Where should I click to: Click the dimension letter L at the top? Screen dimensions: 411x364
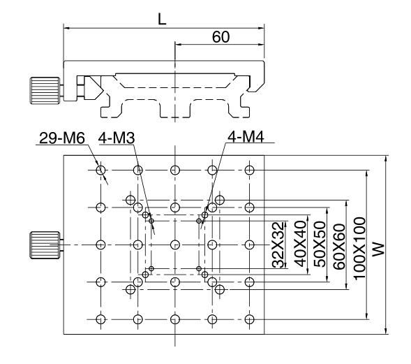162,19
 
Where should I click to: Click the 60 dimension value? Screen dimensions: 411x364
221,37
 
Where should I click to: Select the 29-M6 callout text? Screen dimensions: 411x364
62,138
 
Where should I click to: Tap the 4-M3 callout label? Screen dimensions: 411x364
117,138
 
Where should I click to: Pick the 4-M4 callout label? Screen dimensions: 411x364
246,136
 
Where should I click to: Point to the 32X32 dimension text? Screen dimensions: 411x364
278,245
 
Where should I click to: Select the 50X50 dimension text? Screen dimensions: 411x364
320,244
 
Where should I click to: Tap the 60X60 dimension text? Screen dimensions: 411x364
339,247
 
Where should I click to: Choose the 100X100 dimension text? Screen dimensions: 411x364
359,249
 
